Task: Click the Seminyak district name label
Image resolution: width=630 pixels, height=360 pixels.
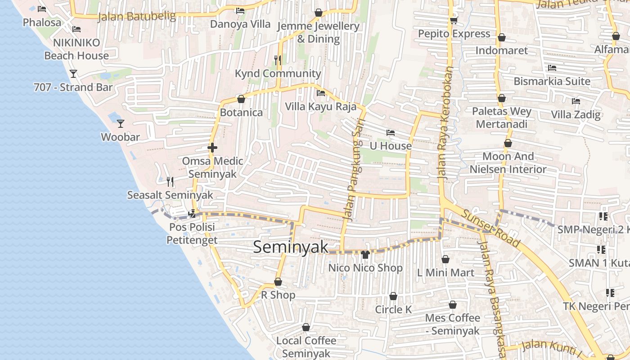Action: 291,247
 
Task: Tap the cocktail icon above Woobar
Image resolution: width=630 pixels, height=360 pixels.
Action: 120,123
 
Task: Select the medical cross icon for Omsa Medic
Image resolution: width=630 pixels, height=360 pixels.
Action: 212,147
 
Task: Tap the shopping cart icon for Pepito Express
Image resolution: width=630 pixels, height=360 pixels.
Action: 454,20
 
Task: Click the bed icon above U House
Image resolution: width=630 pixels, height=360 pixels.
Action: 390,133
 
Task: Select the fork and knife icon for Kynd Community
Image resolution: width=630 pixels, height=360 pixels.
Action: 278,60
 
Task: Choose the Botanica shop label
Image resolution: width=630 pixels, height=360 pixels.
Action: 241,112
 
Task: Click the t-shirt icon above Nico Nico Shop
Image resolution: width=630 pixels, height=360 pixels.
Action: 365,255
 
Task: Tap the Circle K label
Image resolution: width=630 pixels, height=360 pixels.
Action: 393,310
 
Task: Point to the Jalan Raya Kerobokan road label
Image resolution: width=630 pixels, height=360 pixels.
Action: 445,124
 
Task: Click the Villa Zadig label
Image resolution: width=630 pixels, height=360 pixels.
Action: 576,114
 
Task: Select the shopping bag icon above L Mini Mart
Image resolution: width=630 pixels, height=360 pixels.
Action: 445,259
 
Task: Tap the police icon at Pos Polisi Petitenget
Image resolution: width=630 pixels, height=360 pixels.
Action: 192,213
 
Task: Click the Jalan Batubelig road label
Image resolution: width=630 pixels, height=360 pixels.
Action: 137,16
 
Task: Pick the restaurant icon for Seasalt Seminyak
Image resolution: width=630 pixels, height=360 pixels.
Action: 170,181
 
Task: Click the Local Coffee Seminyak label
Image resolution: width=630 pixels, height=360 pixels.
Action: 306,347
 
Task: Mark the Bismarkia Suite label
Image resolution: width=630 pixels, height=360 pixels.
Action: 552,81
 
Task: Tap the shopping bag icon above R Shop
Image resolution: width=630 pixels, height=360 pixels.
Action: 278,282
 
